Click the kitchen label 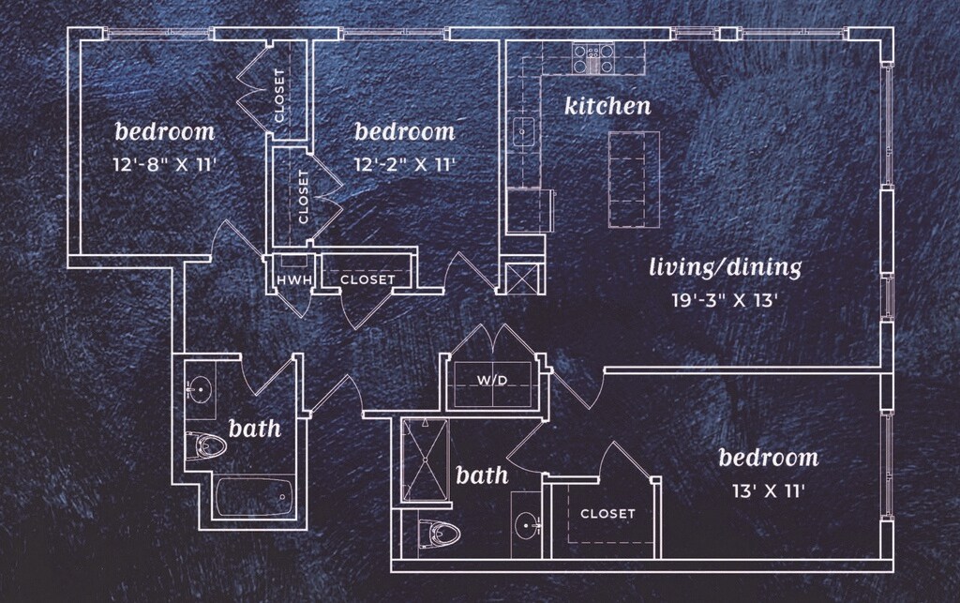coord(607,106)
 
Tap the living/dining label coord(726,268)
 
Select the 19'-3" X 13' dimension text coord(727,300)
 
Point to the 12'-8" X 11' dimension coord(164,164)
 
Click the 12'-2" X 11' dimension coord(404,164)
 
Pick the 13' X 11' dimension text coord(768,490)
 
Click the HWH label coord(288,279)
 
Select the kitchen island coord(633,180)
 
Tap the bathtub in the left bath coord(254,495)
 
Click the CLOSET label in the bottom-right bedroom coord(607,514)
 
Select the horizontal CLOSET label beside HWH coord(367,279)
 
